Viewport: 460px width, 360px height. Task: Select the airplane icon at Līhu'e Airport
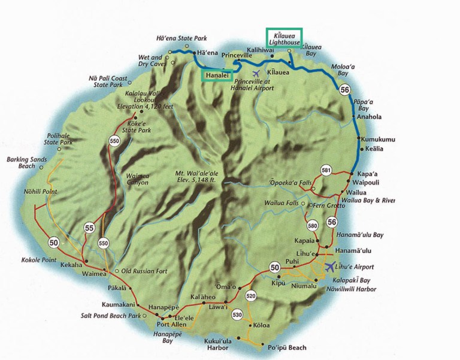(330, 266)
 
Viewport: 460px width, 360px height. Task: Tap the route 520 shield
(250, 295)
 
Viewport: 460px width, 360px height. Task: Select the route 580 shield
(312, 226)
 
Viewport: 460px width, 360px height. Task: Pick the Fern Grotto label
(329, 205)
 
